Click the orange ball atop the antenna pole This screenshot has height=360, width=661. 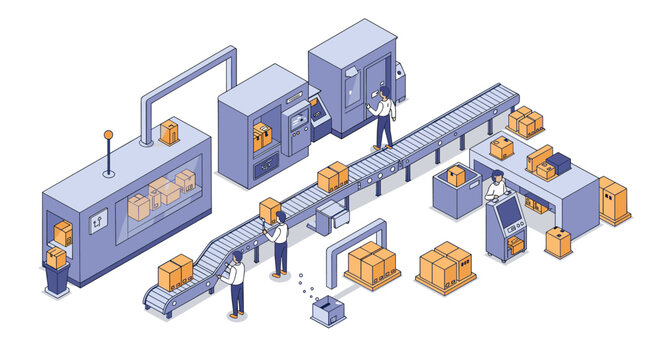[108, 133]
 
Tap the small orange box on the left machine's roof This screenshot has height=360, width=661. [169, 132]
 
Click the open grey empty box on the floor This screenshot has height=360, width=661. [326, 312]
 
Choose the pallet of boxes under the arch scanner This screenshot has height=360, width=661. [371, 265]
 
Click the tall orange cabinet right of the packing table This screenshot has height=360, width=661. [613, 200]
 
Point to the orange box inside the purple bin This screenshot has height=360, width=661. [456, 176]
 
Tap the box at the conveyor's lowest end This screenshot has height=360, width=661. [175, 272]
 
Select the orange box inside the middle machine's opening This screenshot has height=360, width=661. [262, 137]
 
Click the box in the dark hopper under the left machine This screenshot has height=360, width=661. [56, 259]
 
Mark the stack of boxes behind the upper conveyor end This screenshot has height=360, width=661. [525, 122]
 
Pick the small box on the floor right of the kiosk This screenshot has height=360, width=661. [558, 242]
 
